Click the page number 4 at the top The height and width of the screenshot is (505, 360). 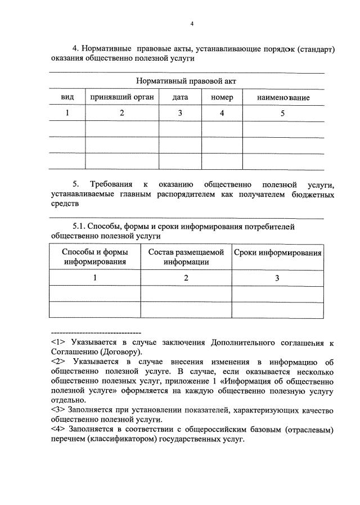pyautogui.click(x=192, y=24)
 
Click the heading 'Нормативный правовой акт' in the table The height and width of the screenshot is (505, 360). pyautogui.click(x=186, y=81)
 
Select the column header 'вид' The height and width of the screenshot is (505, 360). pyautogui.click(x=67, y=97)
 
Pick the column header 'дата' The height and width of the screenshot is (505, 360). pyautogui.click(x=180, y=97)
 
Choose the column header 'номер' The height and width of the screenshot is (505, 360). pyautogui.click(x=222, y=97)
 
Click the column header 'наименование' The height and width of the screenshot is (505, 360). pyautogui.click(x=283, y=97)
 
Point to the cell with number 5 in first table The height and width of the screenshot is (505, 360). pyautogui.click(x=283, y=113)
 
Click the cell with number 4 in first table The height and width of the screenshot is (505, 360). pyautogui.click(x=222, y=113)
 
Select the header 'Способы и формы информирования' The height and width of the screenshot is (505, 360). pyautogui.click(x=94, y=256)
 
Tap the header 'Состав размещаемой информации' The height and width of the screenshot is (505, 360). pyautogui.click(x=186, y=256)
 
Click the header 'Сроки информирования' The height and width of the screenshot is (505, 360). pyautogui.click(x=278, y=252)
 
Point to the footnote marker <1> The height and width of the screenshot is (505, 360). pyautogui.click(x=57, y=342)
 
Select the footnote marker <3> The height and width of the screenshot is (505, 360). pyautogui.click(x=57, y=410)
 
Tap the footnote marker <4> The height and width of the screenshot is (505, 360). pyautogui.click(x=57, y=430)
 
